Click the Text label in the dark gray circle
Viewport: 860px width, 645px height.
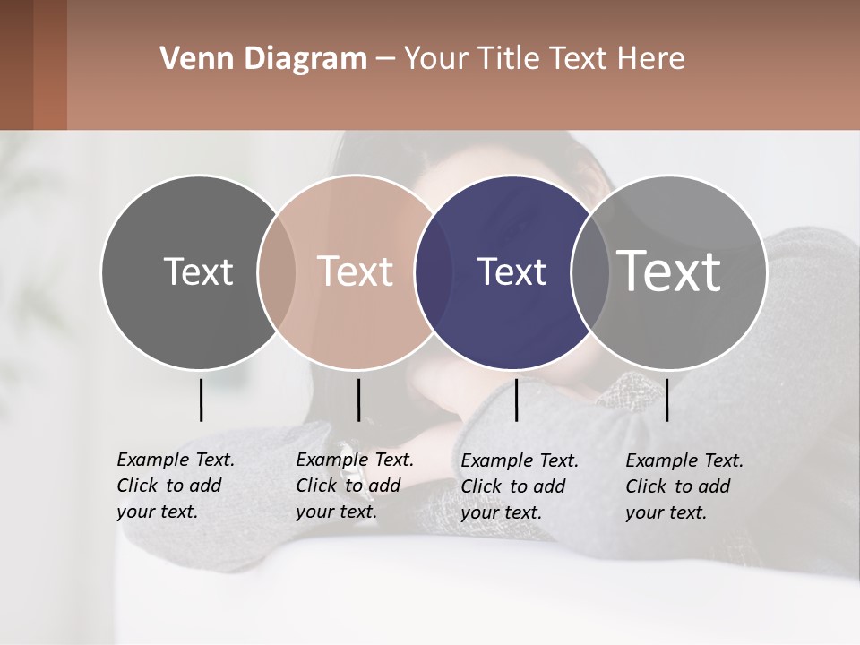click(x=198, y=271)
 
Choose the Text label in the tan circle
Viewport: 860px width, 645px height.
click(x=356, y=271)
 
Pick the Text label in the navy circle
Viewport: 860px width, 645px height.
click(x=512, y=271)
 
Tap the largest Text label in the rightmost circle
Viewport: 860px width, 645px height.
click(x=669, y=271)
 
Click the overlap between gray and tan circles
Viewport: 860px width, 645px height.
click(x=276, y=271)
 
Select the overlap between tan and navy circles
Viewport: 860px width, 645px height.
click(x=434, y=271)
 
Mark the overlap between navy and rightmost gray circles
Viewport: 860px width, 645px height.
click(x=590, y=271)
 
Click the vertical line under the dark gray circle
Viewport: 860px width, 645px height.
click(x=201, y=400)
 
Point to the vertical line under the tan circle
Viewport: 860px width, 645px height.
click(x=358, y=400)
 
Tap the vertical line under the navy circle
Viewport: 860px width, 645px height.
click(x=516, y=400)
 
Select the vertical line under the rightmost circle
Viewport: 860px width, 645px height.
click(x=666, y=400)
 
